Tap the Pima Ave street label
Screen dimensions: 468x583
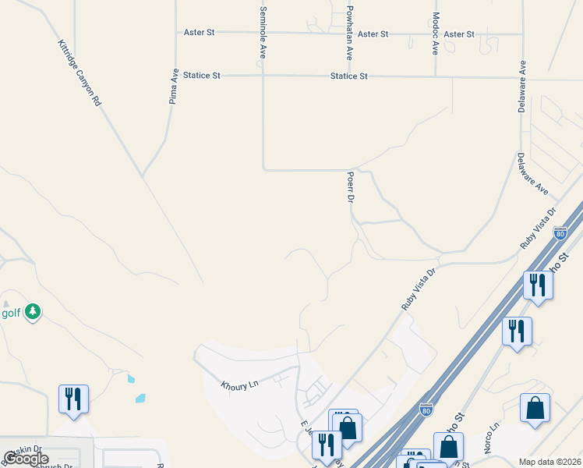pos(175,85)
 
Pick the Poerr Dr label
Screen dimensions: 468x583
pos(351,187)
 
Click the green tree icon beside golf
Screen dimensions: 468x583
pos(32,312)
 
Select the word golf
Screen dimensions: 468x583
pos(10,313)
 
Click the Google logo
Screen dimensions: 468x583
pos(26,459)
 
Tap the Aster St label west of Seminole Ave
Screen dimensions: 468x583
pos(199,33)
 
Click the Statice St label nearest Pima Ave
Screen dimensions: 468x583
pos(203,76)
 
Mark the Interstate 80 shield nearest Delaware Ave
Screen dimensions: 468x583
pos(560,232)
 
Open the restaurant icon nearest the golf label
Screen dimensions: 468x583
pos(74,399)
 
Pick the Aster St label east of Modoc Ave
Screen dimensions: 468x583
pos(459,34)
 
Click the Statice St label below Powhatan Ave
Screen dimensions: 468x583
pos(348,76)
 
